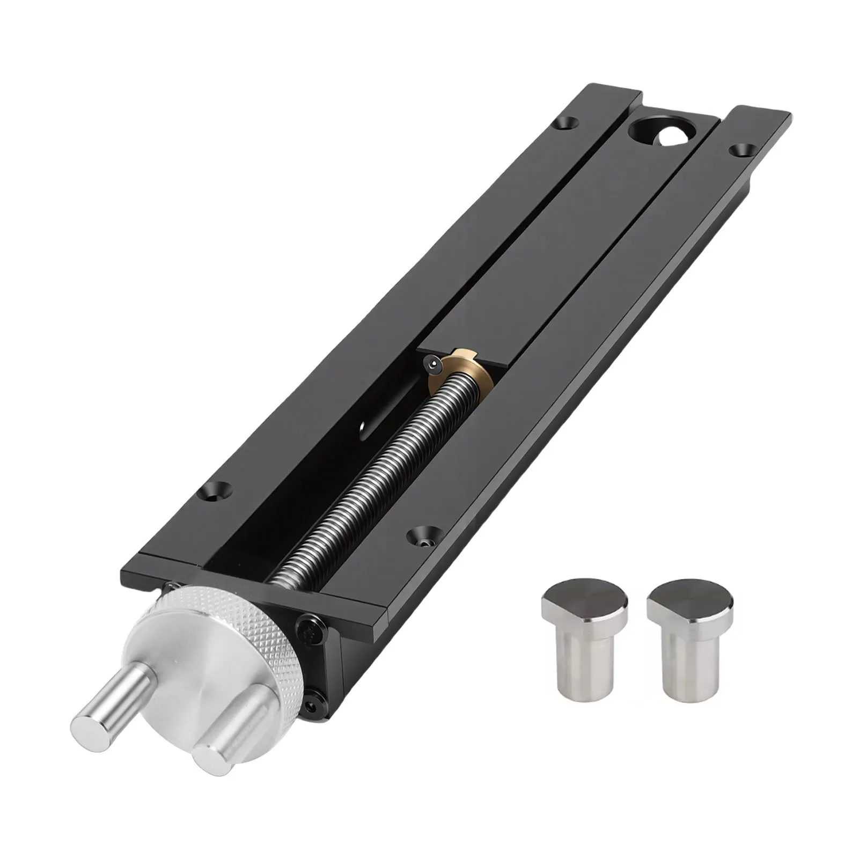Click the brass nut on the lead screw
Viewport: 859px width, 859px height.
[x=466, y=370]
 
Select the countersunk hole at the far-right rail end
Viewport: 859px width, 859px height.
[x=741, y=149]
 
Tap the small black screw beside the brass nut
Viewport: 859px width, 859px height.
[x=432, y=364]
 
